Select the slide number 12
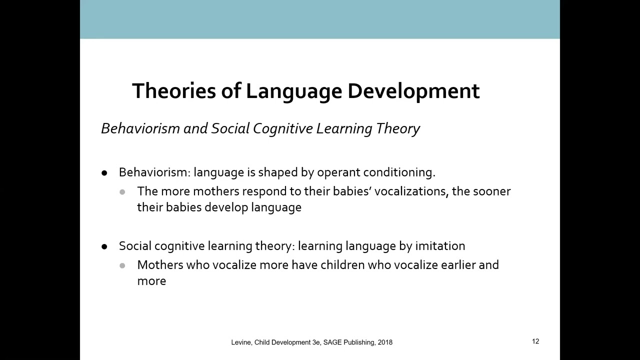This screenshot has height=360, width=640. tap(535, 341)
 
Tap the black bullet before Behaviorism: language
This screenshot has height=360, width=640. tap(104, 173)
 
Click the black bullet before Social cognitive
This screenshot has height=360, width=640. tap(104, 246)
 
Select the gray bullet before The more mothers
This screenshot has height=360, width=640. tap(122, 191)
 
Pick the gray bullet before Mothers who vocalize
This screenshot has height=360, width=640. tap(122, 265)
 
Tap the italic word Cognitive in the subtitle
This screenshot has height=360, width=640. tap(283, 128)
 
